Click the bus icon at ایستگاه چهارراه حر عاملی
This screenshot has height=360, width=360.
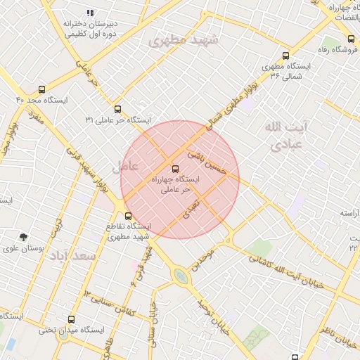(175, 169)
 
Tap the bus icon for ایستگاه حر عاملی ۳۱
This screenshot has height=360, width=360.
(117, 109)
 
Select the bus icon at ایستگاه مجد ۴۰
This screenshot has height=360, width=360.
(41, 89)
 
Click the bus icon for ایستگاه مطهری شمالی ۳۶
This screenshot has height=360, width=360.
(285, 56)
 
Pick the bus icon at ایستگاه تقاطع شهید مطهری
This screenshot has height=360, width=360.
(128, 216)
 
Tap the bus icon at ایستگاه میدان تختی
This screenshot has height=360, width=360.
(70, 319)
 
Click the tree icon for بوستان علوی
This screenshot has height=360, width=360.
(24, 237)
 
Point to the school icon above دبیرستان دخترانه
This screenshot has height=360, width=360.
(89, 13)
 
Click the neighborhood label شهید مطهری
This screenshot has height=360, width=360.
(184, 41)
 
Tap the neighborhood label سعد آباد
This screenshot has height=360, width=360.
(72, 256)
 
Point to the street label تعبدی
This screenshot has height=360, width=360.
(191, 209)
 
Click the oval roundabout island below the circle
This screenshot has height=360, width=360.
(181, 276)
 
